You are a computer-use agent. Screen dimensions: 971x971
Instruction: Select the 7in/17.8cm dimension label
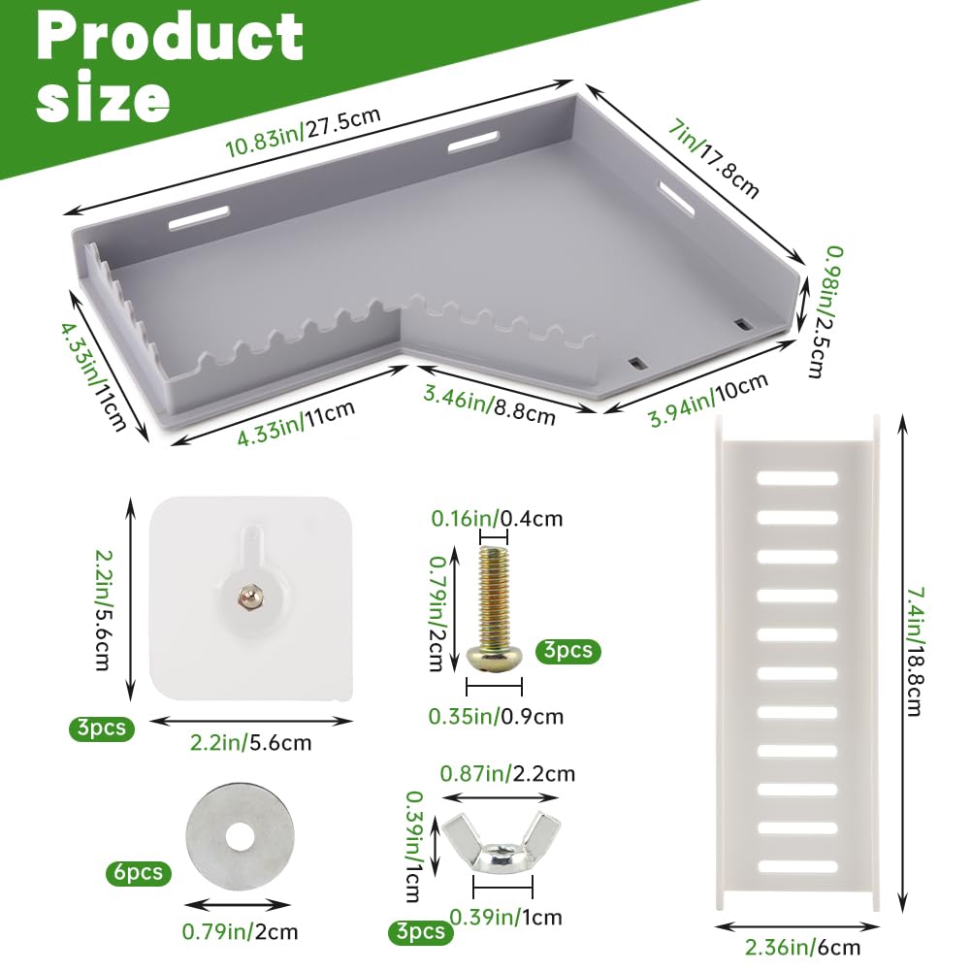pos(713,158)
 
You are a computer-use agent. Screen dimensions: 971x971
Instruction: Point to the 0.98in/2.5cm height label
pos(826,311)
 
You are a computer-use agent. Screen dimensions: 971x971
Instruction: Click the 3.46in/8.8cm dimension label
pos(489,405)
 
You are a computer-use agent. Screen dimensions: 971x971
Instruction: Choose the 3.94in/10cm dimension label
pos(709,400)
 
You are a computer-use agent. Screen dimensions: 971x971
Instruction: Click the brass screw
pos(494,606)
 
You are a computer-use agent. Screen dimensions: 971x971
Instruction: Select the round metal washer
pos(241,836)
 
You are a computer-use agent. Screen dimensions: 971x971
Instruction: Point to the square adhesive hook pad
pos(251,599)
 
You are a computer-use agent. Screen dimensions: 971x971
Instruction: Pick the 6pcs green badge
pos(138,872)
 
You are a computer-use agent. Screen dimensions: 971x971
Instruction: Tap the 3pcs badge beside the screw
pos(567,652)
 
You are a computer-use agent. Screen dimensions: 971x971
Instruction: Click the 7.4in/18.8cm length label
pos(916,652)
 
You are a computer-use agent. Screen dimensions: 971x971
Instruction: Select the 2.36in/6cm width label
pos(802,947)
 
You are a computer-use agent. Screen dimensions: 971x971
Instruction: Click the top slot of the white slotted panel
pos(797,478)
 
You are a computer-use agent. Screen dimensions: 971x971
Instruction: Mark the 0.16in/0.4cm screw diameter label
pos(498,518)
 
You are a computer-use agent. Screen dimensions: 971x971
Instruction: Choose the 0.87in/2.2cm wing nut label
pos(507,773)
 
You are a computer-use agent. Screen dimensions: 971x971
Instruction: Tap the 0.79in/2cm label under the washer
pos(240,931)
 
